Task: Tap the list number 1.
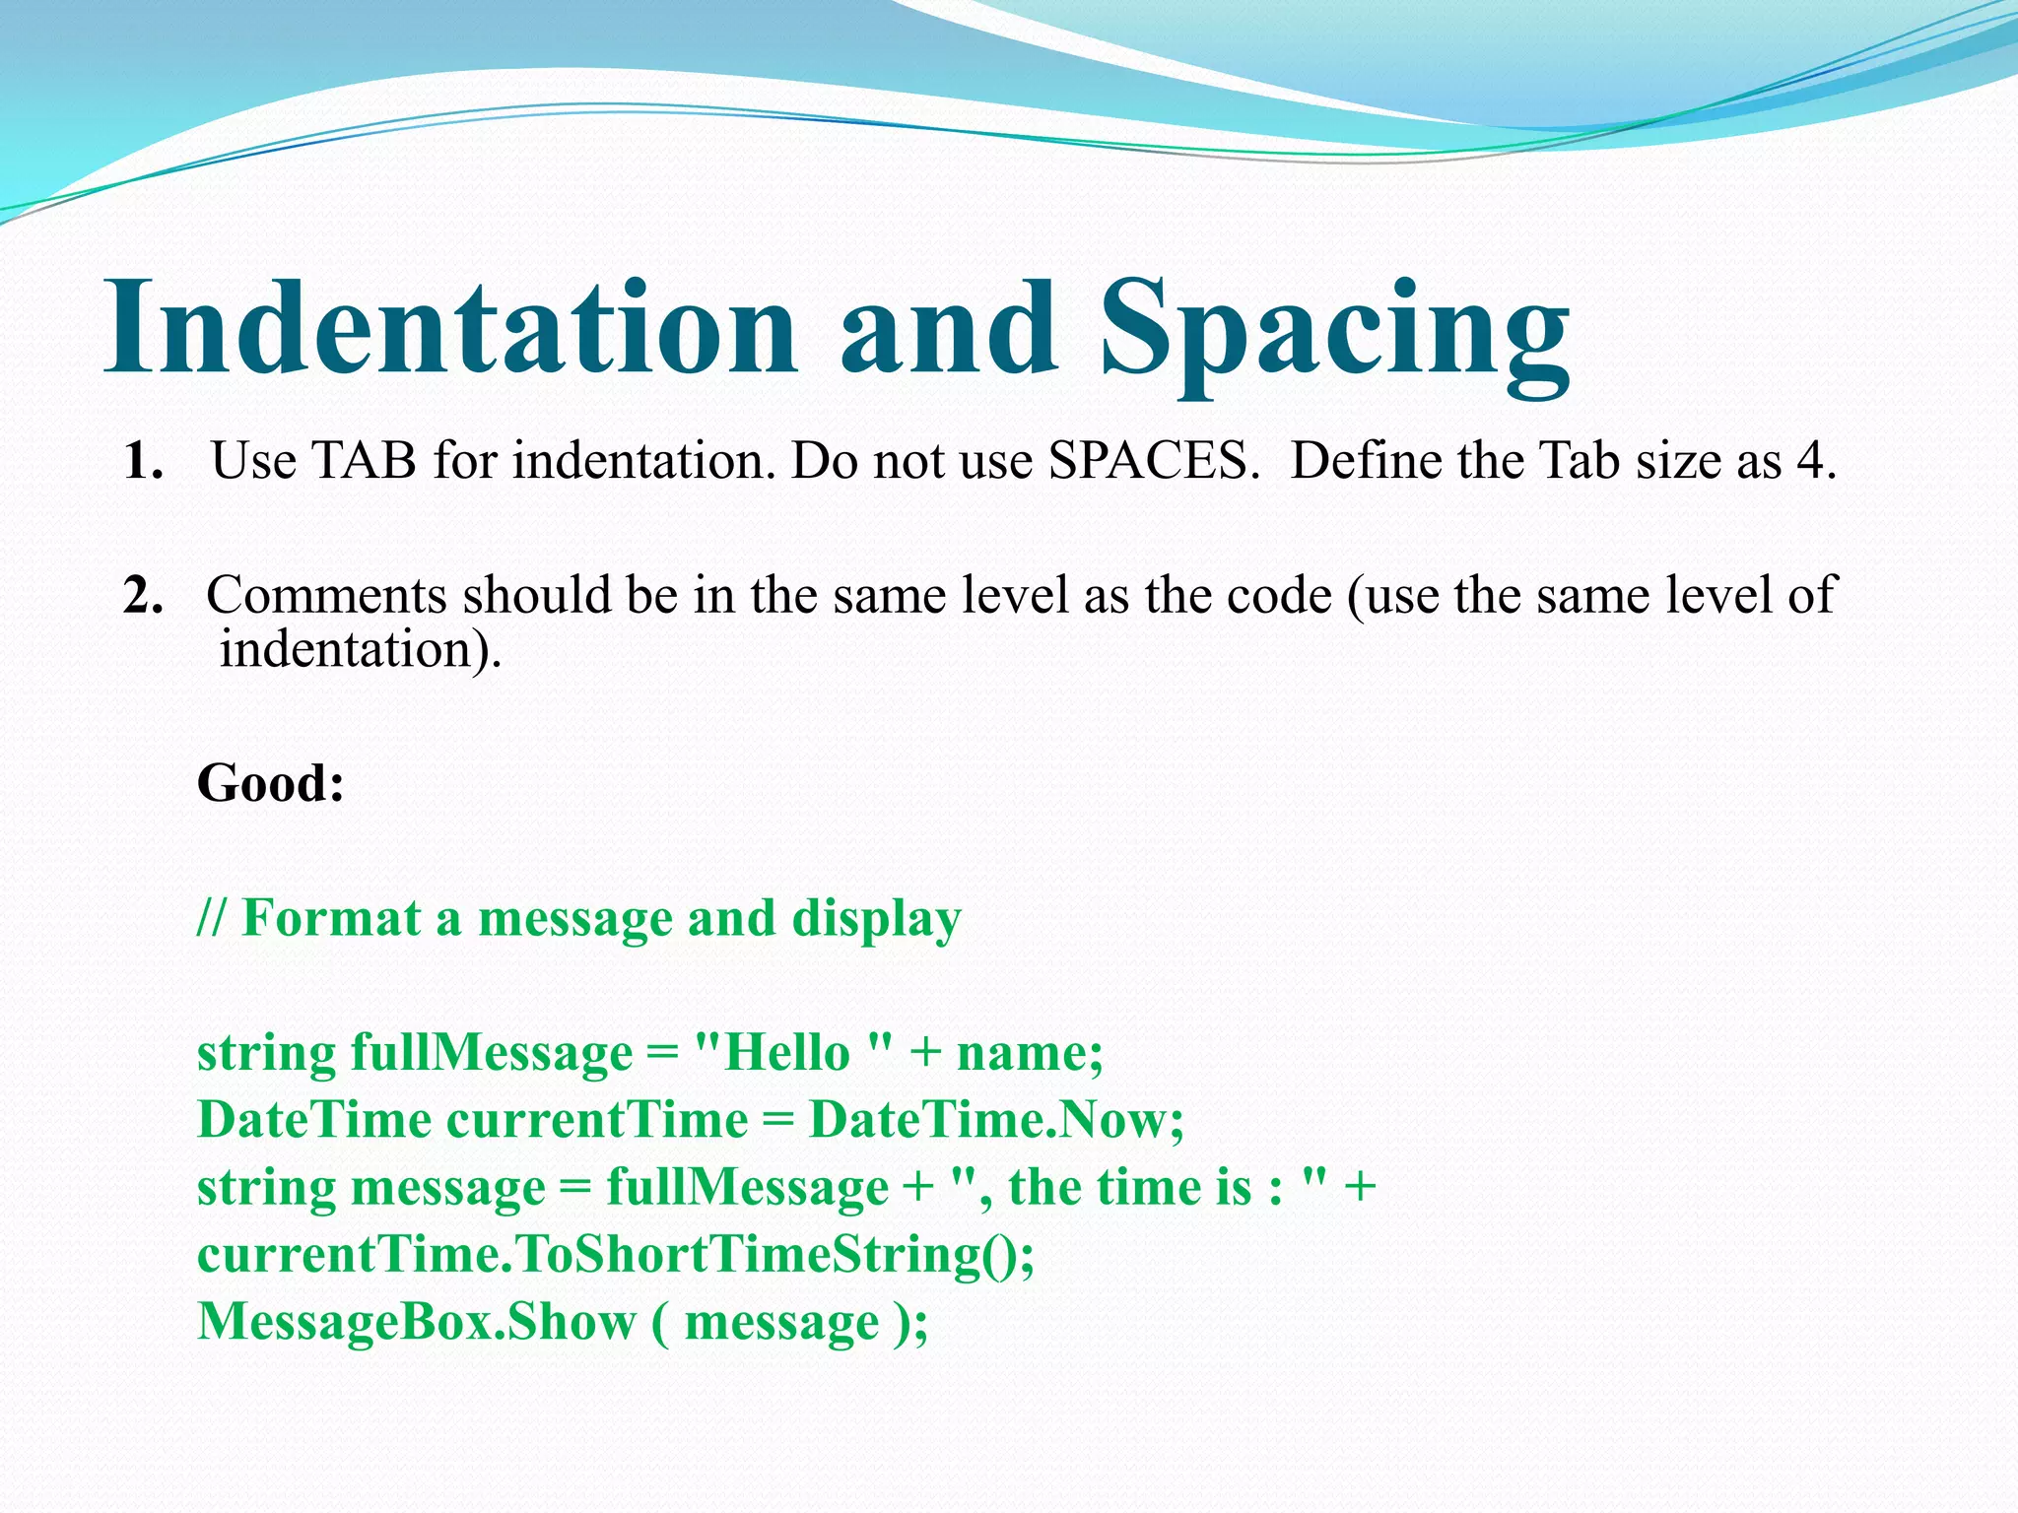(x=143, y=461)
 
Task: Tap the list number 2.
(x=143, y=596)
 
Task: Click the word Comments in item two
(x=326, y=596)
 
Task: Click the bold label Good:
(x=271, y=784)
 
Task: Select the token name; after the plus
(x=1030, y=1053)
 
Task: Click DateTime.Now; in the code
(x=995, y=1120)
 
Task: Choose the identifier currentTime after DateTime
(x=597, y=1120)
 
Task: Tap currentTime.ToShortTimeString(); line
(x=616, y=1255)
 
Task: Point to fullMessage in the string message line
(x=747, y=1188)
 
